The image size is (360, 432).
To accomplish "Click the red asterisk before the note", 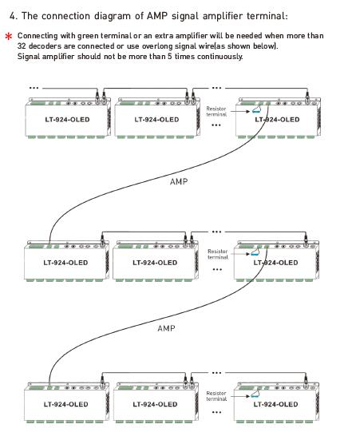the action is (9, 37).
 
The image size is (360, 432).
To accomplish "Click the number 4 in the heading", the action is (12, 16).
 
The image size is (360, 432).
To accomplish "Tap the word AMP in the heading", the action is (156, 16).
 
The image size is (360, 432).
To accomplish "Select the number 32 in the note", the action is (22, 46).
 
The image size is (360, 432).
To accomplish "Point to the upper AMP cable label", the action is (179, 181).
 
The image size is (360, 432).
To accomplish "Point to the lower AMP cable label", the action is (166, 328).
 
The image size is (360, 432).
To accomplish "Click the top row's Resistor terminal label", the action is (216, 111).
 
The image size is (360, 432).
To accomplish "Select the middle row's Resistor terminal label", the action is (218, 254).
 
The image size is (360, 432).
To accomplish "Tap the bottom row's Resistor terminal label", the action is (216, 396).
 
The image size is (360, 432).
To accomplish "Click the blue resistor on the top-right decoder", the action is (256, 110).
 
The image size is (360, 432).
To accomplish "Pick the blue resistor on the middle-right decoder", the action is (255, 252).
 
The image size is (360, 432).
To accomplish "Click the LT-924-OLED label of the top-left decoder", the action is (67, 120).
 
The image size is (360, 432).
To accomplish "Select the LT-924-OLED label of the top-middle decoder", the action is (156, 120).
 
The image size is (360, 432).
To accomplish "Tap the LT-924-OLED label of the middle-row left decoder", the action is (65, 263).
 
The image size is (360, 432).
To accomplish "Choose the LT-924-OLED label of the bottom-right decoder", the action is (275, 404).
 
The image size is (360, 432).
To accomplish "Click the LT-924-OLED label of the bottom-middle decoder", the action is (155, 404).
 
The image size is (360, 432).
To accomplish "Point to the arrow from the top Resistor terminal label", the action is (240, 111).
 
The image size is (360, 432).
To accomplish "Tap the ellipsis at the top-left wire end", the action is (34, 88).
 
